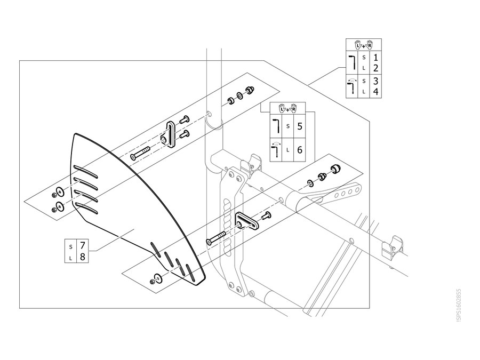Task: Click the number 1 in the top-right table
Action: pyautogui.click(x=376, y=57)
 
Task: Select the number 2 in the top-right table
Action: pyautogui.click(x=376, y=68)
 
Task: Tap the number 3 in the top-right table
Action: pyautogui.click(x=376, y=81)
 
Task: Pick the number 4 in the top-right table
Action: pyautogui.click(x=376, y=92)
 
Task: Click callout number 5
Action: pyautogui.click(x=300, y=126)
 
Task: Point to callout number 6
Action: pyautogui.click(x=300, y=150)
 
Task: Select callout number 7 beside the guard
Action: pyautogui.click(x=82, y=246)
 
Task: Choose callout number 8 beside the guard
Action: pyautogui.click(x=82, y=257)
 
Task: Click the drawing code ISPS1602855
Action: pyautogui.click(x=458, y=305)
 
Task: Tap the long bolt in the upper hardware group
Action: pyautogui.click(x=140, y=153)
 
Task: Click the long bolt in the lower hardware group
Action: pyautogui.click(x=216, y=238)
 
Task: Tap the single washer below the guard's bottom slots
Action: pyautogui.click(x=158, y=277)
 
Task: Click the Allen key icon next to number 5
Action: pyautogui.click(x=276, y=126)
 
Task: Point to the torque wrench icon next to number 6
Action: pyautogui.click(x=276, y=149)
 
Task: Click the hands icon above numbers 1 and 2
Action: pyautogui.click(x=364, y=45)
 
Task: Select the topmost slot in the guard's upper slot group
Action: pyautogui.click(x=85, y=171)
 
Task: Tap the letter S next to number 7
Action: pyautogui.click(x=71, y=247)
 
